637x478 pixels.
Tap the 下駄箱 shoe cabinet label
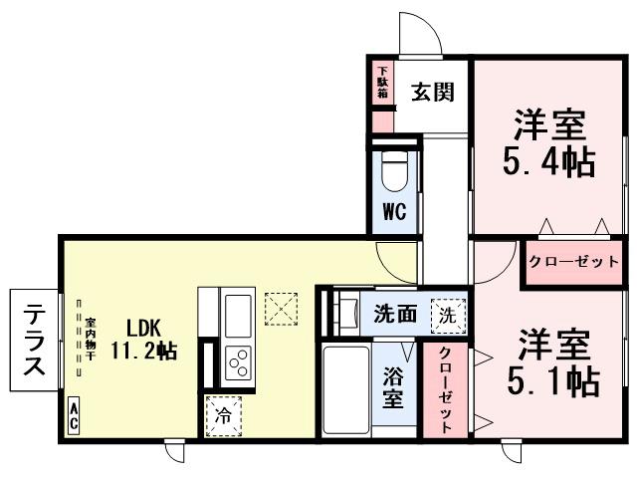[x=382, y=84]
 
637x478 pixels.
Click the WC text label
[x=395, y=211]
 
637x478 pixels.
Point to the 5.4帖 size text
[x=547, y=159]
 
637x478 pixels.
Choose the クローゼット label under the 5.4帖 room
[x=572, y=261]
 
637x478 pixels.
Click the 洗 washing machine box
[x=448, y=314]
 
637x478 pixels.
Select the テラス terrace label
[x=33, y=340]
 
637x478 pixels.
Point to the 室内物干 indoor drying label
[x=89, y=339]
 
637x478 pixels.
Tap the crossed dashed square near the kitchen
[x=282, y=308]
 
